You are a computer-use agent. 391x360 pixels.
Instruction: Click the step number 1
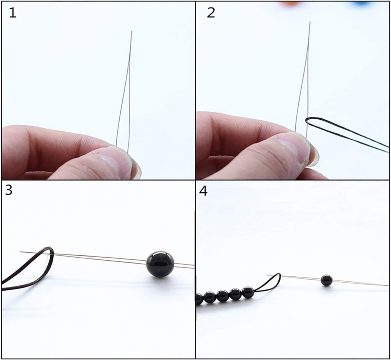(13, 13)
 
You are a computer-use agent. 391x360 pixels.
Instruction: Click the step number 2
(211, 13)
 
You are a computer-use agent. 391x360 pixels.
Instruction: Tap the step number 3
(9, 190)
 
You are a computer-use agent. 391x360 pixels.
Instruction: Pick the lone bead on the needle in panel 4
(327, 280)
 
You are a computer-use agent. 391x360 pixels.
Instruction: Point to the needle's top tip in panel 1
(132, 31)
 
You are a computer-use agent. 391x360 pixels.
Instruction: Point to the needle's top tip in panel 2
(310, 22)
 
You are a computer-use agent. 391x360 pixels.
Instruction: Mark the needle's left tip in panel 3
(21, 252)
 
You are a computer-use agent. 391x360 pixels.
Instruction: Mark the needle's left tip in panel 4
(268, 275)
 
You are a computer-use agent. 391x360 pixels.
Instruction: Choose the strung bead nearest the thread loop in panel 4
(248, 293)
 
